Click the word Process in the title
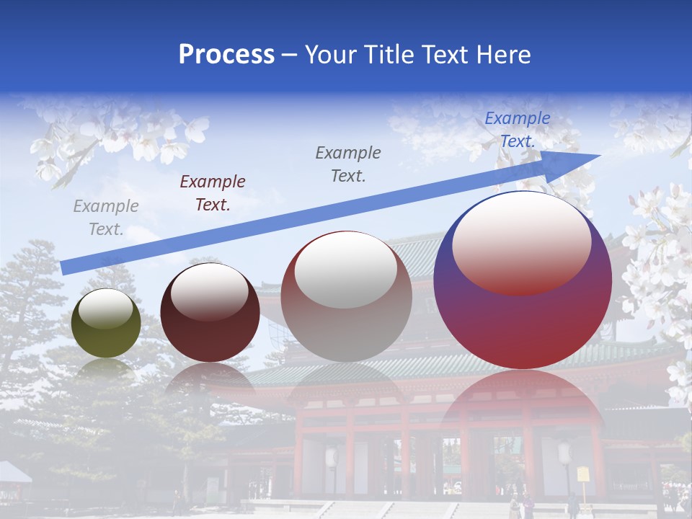click(x=226, y=55)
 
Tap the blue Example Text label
click(x=518, y=130)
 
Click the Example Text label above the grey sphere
click(x=348, y=164)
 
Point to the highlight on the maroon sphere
click(x=210, y=292)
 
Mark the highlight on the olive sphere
click(x=106, y=309)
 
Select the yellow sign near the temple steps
click(x=583, y=474)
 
